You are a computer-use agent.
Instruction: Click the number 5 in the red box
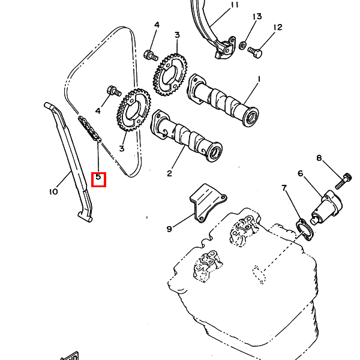(x=98, y=179)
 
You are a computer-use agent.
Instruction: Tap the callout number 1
(x=259, y=79)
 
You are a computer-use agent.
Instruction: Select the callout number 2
(x=169, y=174)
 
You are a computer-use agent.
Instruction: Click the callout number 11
(x=234, y=5)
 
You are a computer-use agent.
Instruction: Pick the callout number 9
(x=169, y=229)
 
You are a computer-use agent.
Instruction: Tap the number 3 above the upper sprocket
(x=177, y=35)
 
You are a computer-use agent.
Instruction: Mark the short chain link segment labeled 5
(x=90, y=130)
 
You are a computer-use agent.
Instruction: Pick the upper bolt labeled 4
(x=150, y=55)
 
